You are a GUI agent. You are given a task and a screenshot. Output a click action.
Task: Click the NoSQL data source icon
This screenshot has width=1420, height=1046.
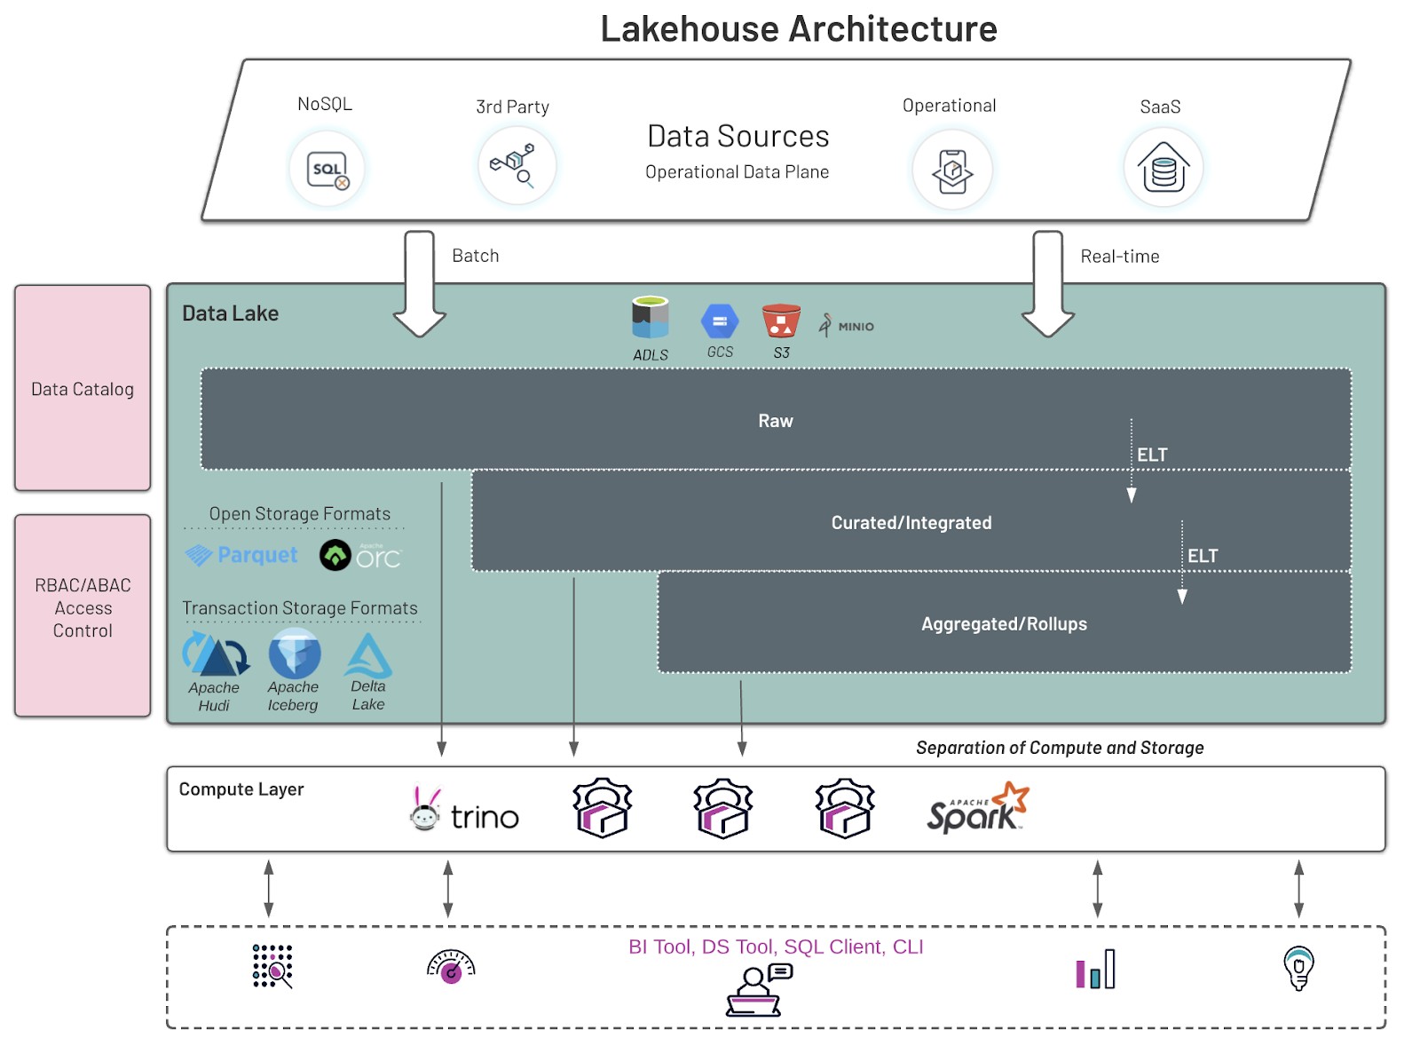click(x=327, y=170)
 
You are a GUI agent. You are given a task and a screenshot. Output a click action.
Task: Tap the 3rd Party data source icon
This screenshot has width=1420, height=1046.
click(x=517, y=166)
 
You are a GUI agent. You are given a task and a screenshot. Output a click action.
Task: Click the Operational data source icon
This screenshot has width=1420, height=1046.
click(x=952, y=170)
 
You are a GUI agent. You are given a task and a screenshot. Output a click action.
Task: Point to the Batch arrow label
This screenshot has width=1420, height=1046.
click(x=476, y=256)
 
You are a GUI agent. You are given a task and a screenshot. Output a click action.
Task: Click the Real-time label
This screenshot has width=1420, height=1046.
click(x=1120, y=257)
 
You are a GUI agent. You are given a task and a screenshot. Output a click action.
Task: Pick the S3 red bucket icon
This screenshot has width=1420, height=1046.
click(x=781, y=321)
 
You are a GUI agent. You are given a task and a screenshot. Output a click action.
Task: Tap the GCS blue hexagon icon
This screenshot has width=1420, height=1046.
click(x=720, y=321)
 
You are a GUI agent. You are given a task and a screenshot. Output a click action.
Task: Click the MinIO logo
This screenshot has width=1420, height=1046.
click(x=847, y=325)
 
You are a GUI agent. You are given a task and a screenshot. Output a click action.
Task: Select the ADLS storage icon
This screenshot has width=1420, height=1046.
click(x=650, y=317)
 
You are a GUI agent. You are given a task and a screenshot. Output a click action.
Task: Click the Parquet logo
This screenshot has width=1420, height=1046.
click(x=241, y=556)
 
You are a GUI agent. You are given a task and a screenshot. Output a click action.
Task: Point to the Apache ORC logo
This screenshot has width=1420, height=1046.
click(x=360, y=556)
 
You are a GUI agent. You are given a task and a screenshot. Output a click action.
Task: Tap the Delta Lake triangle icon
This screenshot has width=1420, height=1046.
click(x=367, y=656)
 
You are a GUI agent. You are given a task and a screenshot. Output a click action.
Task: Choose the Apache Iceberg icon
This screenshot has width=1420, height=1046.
click(x=295, y=654)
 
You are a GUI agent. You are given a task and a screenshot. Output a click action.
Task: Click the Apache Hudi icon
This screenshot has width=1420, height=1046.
click(x=216, y=654)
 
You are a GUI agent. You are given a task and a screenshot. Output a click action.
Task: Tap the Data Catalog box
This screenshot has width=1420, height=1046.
click(x=83, y=388)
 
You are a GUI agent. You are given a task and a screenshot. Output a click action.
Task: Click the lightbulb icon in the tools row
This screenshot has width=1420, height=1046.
click(x=1299, y=967)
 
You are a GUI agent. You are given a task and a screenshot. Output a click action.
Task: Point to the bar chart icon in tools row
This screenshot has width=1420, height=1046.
click(x=1095, y=970)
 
